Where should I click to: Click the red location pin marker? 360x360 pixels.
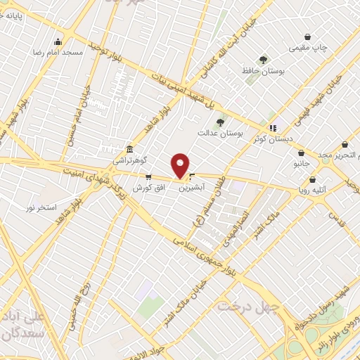pos(181,165)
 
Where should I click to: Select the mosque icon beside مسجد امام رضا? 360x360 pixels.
pos(57,41)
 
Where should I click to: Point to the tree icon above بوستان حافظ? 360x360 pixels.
pos(263,60)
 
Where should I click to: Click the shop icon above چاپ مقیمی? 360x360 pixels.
pos(307,37)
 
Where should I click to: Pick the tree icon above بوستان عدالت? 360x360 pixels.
pos(220,122)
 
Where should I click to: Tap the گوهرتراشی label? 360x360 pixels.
pos(131,160)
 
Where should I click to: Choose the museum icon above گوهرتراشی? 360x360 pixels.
pos(130,150)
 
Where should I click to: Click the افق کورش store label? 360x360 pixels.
pos(148,188)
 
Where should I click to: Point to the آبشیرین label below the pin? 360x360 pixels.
pos(191,188)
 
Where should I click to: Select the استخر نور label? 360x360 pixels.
pos(41,208)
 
